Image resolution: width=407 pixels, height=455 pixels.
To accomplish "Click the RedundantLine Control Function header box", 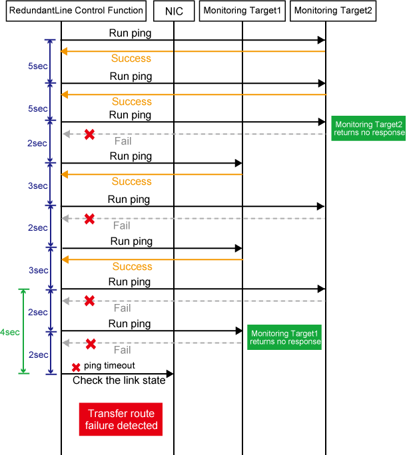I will [76, 11].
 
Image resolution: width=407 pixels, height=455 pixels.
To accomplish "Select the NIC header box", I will [174, 11].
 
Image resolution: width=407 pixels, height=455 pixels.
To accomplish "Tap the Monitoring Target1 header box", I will [242, 11].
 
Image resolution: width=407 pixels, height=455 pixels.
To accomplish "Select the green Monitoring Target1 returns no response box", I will [285, 338].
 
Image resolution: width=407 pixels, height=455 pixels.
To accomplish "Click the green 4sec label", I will [10, 332].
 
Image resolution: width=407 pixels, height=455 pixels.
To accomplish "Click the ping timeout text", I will [109, 366].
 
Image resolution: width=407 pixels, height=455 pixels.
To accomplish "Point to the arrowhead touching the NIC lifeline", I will [170, 374].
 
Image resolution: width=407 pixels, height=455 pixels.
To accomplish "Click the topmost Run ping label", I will [131, 33].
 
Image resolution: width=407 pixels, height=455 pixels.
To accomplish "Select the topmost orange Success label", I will [131, 59].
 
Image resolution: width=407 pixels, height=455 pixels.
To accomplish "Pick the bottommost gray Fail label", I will [122, 350].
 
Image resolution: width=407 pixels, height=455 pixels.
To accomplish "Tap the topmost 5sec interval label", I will [37, 66].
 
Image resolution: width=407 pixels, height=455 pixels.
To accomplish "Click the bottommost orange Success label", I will [132, 267].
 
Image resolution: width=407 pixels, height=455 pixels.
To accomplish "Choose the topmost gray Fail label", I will [123, 141].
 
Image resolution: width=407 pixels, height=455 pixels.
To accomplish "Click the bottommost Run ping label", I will [131, 324].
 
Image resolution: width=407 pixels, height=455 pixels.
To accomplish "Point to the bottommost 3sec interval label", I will [38, 270].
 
